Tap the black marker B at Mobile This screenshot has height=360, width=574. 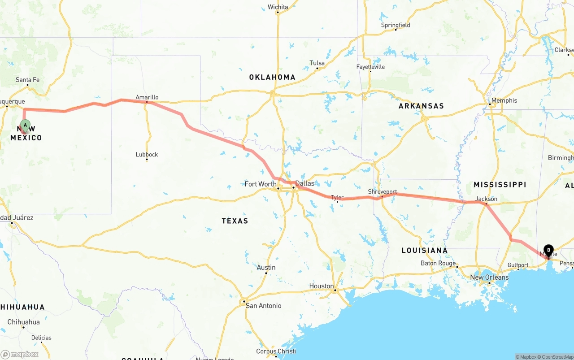click(x=548, y=250)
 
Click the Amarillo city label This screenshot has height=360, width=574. click(x=147, y=97)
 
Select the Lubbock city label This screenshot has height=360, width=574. click(x=147, y=154)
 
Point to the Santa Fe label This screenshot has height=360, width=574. click(x=27, y=80)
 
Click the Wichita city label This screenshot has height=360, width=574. click(x=278, y=7)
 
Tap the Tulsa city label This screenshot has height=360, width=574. click(x=317, y=63)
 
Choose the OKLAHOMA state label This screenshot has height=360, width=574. click(x=272, y=77)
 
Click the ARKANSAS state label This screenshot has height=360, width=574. click(x=421, y=106)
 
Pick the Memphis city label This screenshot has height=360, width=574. click(x=504, y=100)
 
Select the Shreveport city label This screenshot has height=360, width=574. click(x=382, y=191)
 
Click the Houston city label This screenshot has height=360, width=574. click(x=321, y=286)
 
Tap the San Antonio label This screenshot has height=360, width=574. click(x=263, y=306)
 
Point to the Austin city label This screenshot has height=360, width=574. click(x=266, y=267)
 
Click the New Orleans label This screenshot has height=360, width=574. click(x=489, y=277)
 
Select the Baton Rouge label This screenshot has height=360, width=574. click(x=438, y=263)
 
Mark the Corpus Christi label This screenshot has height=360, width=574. click(x=276, y=351)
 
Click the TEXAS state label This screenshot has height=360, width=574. click(x=235, y=221)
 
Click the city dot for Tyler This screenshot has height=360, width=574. click(x=338, y=202)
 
